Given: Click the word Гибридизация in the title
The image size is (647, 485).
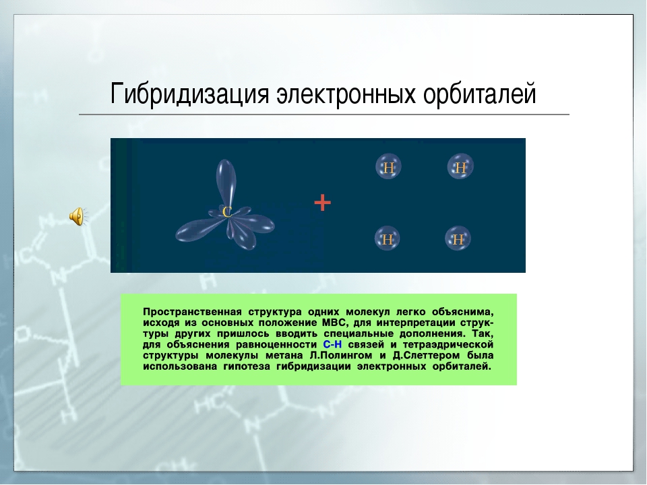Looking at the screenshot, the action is tap(189, 94).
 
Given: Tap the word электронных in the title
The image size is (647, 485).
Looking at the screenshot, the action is tap(346, 94).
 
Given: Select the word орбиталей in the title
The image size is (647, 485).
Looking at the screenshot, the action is tap(479, 94).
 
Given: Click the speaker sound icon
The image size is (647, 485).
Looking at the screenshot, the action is tap(78, 216).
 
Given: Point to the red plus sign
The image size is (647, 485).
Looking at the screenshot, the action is tap(322, 203).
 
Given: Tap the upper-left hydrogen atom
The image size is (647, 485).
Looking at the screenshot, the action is tap(388, 166).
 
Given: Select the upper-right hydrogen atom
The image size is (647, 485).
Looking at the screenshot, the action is tap(460, 166).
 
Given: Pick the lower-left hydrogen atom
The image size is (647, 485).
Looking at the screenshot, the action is tap(387, 238).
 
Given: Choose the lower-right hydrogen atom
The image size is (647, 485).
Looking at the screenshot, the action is tap(458, 238).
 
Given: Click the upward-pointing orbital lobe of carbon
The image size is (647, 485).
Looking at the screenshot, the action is tap(226, 181).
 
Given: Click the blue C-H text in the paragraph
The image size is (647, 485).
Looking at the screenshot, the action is tap(332, 344).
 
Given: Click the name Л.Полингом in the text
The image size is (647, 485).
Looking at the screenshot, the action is tap(340, 355).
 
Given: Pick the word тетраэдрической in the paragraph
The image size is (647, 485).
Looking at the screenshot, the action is tap(448, 344).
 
